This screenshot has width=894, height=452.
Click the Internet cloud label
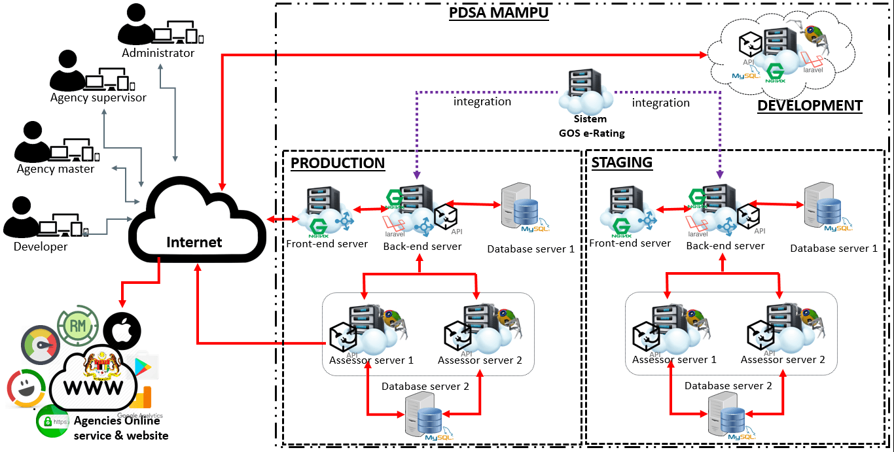[x=194, y=242]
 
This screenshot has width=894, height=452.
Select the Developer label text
[x=41, y=247]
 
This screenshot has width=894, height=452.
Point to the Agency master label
[x=56, y=169]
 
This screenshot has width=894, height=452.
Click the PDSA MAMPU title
[x=498, y=12]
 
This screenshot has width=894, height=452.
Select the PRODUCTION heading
[x=338, y=163]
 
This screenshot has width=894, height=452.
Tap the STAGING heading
[x=622, y=162]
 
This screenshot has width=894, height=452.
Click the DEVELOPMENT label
[x=810, y=105]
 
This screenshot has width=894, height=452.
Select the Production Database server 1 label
[x=531, y=249]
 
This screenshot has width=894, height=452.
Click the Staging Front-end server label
[x=630, y=243]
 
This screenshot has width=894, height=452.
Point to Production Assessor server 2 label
[x=480, y=360]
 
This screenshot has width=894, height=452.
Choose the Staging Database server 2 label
[x=728, y=386]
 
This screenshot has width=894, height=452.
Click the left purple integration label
[x=482, y=102]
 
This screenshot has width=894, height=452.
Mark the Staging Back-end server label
[x=725, y=246]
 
